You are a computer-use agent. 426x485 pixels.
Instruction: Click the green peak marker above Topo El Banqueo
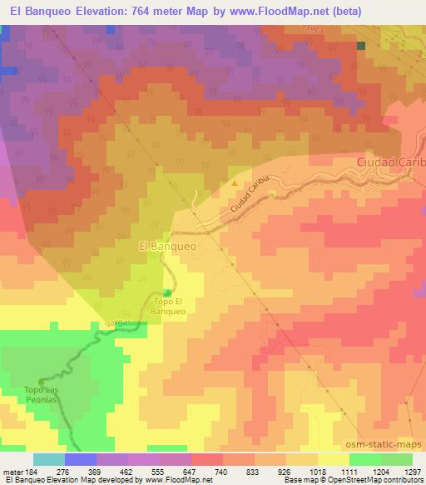point(169,292)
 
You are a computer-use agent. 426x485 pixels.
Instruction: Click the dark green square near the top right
point(361,46)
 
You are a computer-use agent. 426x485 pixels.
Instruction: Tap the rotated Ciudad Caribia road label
point(252,202)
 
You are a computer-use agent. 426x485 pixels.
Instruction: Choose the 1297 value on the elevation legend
point(412,472)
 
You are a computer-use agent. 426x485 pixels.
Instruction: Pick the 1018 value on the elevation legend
point(318,472)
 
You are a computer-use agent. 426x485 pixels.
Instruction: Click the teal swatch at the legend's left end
point(49,459)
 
